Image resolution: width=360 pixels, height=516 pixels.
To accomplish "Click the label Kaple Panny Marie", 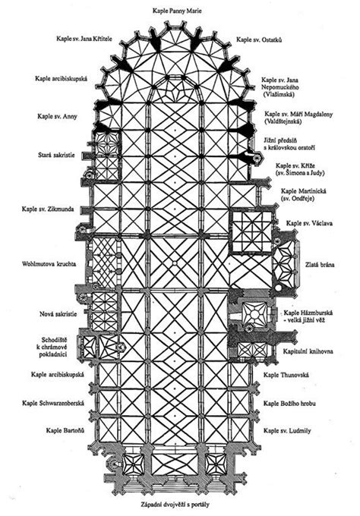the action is click(177, 11).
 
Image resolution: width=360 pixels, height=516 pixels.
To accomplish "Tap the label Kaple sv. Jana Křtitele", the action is click(84, 39).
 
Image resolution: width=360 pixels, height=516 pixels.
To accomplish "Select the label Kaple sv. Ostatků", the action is click(259, 39).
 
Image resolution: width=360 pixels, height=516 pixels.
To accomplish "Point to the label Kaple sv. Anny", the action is click(57, 117).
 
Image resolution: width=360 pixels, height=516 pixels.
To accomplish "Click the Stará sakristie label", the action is click(56, 155).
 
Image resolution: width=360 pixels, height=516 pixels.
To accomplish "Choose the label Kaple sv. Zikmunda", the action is click(48, 209).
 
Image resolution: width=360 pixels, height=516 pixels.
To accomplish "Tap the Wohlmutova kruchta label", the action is click(49, 264).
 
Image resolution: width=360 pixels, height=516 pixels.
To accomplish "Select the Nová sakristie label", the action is click(58, 314).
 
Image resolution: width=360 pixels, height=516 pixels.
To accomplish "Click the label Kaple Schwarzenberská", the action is click(53, 403).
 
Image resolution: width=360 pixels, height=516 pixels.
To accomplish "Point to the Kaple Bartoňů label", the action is click(65, 430).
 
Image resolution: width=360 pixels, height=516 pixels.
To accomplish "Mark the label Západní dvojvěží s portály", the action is click(175, 504).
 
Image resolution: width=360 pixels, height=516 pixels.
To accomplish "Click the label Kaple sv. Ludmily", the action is click(287, 430).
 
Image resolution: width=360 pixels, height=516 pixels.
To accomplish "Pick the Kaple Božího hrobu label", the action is click(289, 403).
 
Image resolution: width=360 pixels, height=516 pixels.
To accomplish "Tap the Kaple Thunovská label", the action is click(286, 375).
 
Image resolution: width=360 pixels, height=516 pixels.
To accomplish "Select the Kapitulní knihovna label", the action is click(308, 351).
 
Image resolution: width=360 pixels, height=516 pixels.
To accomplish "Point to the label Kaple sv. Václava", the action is click(309, 223).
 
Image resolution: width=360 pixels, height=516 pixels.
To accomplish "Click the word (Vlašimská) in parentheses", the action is click(278, 94).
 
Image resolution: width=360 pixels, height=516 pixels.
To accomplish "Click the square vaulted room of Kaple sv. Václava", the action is click(252, 231).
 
